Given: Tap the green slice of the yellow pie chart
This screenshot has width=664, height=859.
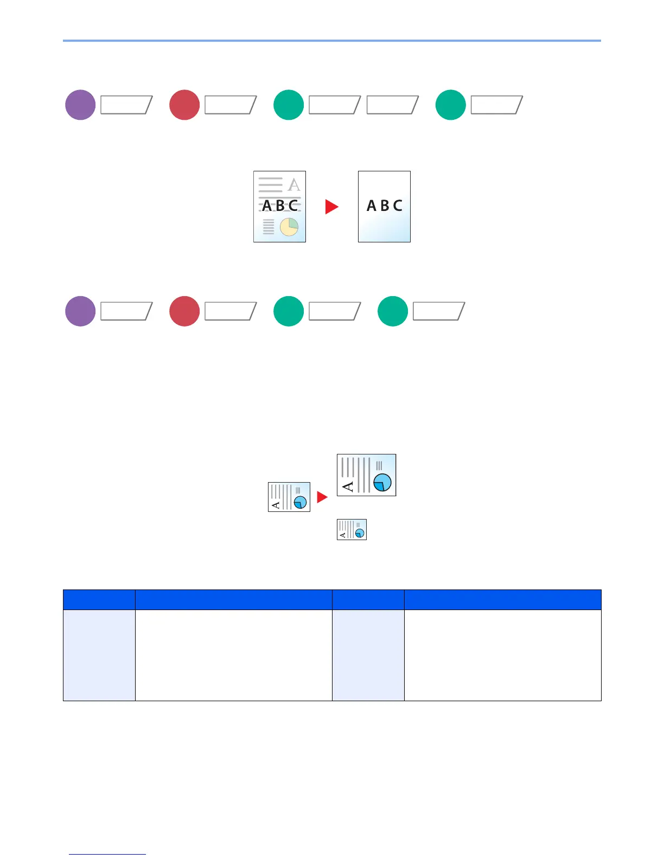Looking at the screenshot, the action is [x=293, y=222].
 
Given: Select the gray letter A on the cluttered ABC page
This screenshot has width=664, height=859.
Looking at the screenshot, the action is [x=293, y=184].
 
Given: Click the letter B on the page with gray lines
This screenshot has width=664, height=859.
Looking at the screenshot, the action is [x=280, y=206].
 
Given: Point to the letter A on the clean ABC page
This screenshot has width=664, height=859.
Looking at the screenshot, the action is [x=371, y=206].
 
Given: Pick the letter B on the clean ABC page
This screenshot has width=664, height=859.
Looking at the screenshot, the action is [x=385, y=206].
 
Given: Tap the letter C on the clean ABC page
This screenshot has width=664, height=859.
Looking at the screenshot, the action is [x=398, y=206].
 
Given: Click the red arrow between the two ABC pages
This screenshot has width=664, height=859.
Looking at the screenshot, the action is [x=331, y=207].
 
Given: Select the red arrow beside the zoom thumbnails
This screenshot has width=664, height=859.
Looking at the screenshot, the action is [x=322, y=497].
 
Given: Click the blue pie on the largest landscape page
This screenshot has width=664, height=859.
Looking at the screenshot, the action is [x=382, y=482].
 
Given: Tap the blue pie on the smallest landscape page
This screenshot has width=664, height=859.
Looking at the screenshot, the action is [x=359, y=534].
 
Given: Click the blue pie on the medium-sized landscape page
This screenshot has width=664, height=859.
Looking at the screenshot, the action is [x=300, y=503].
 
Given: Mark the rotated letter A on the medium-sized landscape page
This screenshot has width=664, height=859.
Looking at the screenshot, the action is [x=276, y=505].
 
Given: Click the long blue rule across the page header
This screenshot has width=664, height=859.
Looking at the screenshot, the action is [x=331, y=41].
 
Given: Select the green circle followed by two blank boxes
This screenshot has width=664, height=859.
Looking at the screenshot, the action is [x=289, y=105].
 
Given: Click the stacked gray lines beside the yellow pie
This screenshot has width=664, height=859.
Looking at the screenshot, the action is [x=269, y=227].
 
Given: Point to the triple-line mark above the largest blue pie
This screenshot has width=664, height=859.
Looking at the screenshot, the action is [x=379, y=465].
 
